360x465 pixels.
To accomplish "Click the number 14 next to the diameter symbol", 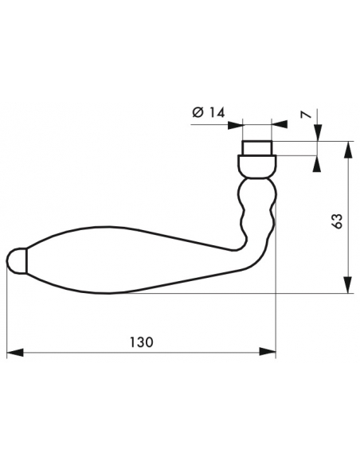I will tap(217, 113).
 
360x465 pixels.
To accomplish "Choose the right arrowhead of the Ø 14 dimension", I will tap(279, 124).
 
